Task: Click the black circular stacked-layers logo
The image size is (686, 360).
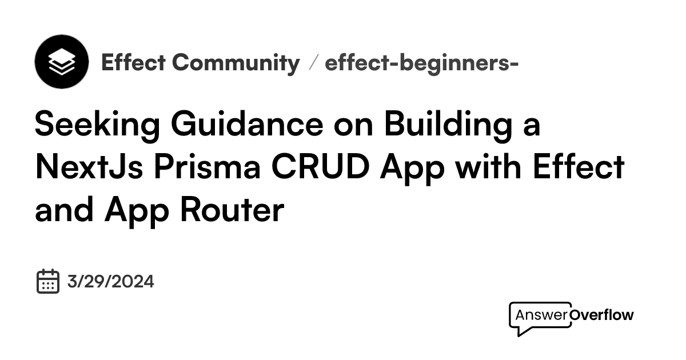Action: pyautogui.click(x=61, y=61)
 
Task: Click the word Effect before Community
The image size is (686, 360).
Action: pyautogui.click(x=133, y=62)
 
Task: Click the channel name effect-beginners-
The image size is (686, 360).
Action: pyautogui.click(x=421, y=62)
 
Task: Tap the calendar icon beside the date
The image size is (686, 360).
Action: pyautogui.click(x=48, y=281)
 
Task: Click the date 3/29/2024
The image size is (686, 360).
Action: pyautogui.click(x=110, y=282)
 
